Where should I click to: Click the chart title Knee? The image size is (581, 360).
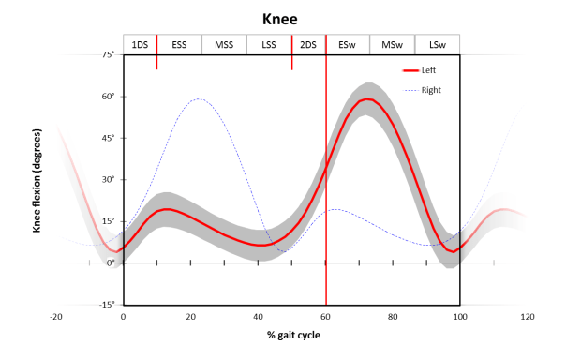tap(291, 19)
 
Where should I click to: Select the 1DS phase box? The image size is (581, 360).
tap(140, 45)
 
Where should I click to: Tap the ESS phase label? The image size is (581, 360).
tap(179, 45)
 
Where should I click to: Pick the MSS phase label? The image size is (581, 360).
tap(224, 45)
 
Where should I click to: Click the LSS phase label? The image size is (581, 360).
tap(269, 45)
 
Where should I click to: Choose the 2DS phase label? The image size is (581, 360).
tap(308, 45)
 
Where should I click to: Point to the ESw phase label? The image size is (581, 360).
tap(347, 45)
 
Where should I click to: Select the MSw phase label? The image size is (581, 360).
tap(392, 45)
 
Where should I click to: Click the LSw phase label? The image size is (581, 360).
tap(438, 45)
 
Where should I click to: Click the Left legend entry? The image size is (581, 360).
tap(428, 70)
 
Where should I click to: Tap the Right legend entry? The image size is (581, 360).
tap(430, 90)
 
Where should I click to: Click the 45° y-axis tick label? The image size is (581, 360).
tap(109, 139)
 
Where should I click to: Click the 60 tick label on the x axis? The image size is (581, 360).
tap(325, 318)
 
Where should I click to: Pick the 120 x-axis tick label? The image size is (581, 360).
tap(528, 318)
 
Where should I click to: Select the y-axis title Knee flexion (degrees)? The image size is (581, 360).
tap(38, 180)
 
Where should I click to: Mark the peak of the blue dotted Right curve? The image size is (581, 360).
tap(199, 98)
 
